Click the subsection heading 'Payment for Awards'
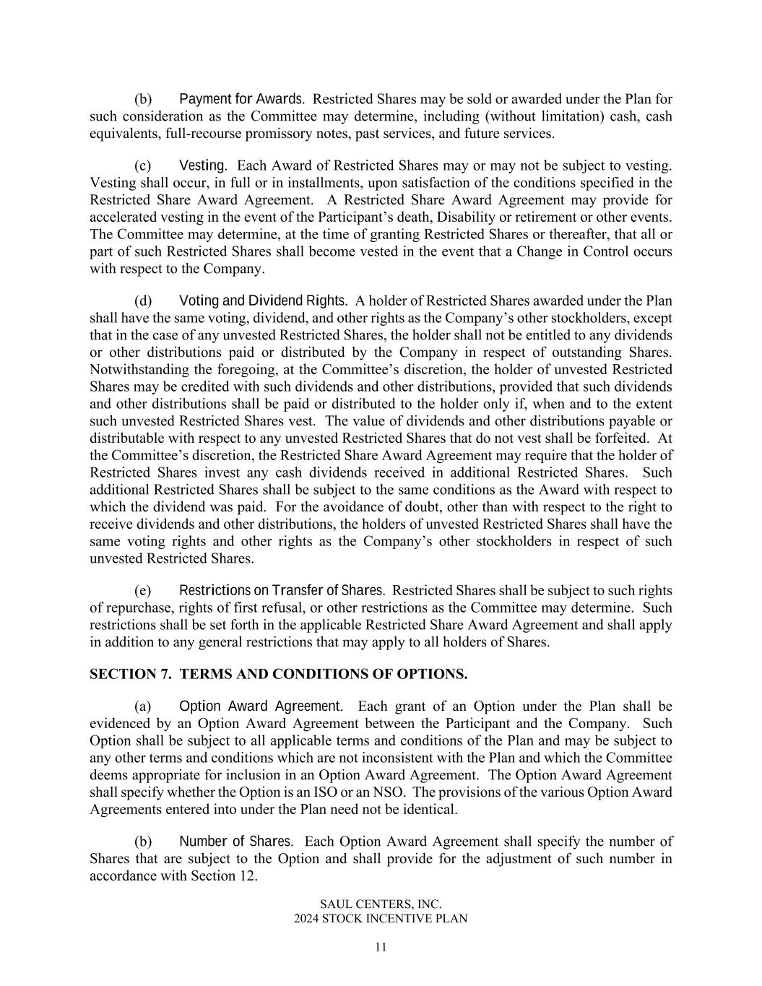241,99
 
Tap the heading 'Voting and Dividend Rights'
263,300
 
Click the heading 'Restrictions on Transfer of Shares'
282,591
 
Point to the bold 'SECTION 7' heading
278,674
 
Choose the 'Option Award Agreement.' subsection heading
260,706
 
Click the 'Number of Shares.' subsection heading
235,842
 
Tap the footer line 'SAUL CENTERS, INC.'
381,904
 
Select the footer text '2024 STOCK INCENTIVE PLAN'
381,919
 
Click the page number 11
381,948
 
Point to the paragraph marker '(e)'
142,591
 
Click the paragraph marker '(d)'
143,300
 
